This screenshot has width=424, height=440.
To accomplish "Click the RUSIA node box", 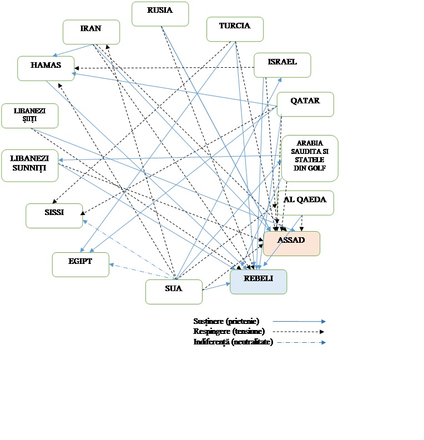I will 160,14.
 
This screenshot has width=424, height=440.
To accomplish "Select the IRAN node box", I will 91,32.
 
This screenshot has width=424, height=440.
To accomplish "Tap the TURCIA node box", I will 235,29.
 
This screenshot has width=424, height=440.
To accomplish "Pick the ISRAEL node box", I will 282,65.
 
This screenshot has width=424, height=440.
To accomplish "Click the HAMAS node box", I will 46,68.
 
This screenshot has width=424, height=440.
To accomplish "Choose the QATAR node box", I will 305,104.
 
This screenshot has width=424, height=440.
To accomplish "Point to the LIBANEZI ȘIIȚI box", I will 29,116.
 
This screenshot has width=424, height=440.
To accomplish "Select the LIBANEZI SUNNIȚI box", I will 29,165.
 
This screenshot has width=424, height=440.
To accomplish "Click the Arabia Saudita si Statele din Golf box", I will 310,158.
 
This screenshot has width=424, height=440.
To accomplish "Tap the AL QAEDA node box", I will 305,203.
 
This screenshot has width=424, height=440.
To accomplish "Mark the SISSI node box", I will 54,216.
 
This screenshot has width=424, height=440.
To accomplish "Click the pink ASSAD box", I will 291,243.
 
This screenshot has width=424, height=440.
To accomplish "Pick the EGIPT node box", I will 80,264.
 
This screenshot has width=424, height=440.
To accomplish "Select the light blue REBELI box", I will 258,282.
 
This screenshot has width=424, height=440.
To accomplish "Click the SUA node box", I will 174,292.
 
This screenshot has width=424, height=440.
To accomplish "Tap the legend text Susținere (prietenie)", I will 226,321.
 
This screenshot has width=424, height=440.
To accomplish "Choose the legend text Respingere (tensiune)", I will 228,331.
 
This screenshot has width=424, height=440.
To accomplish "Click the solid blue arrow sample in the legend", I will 299,322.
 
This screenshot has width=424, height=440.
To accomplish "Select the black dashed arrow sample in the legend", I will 299,332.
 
